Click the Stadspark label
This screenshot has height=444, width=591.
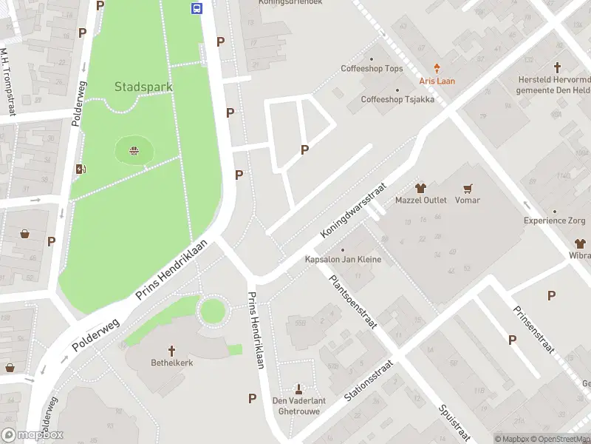(143, 87)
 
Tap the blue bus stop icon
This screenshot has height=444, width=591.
(197, 8)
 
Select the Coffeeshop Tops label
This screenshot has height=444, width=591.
(372, 69)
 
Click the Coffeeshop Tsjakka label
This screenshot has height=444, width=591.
(397, 99)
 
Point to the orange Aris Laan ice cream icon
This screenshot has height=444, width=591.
(437, 68)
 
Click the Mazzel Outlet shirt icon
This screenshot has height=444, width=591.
(421, 188)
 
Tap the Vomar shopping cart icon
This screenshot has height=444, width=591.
(467, 188)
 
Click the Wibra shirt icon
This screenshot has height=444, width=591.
(580, 243)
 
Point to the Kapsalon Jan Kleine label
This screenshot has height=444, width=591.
(343, 260)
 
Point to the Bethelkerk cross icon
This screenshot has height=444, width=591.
(172, 350)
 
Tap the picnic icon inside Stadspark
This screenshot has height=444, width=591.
(134, 152)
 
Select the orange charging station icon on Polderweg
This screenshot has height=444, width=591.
(81, 169)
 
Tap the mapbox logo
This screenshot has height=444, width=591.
(33, 435)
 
